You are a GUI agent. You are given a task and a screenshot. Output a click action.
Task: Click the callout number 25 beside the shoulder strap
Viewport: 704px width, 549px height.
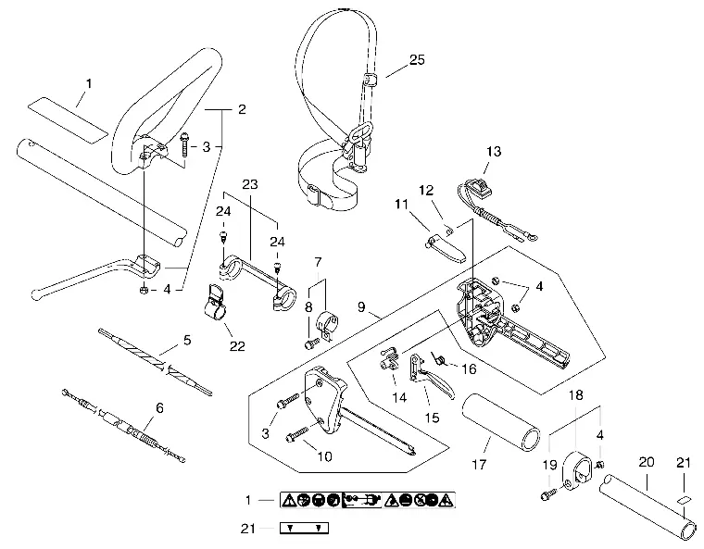point(417,59)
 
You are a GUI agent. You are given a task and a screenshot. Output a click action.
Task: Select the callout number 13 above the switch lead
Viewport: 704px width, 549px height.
point(494,151)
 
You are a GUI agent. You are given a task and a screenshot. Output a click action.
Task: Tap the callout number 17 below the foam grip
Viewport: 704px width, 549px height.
point(479,464)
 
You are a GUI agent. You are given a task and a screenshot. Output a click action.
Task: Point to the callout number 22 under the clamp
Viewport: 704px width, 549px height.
point(237,346)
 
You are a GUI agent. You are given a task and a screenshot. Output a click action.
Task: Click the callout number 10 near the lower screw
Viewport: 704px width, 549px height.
point(324,456)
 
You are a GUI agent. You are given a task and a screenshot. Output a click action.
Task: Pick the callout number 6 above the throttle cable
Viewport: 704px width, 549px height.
point(159,408)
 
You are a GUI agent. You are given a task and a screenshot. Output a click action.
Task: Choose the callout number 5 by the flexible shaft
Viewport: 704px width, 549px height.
point(187,340)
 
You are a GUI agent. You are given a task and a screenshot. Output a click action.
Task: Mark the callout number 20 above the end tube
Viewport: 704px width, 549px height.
point(647,462)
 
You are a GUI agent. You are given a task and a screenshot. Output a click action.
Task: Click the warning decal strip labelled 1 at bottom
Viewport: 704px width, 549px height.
point(368,500)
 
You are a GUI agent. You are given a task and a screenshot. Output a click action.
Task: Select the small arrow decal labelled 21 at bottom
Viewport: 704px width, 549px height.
point(304,528)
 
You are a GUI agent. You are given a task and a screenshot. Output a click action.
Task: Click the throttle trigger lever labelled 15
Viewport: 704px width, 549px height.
point(430,375)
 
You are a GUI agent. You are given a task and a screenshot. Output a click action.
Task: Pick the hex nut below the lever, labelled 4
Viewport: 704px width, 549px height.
point(144,290)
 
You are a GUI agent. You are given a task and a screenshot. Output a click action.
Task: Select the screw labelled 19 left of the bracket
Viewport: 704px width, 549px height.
point(548,495)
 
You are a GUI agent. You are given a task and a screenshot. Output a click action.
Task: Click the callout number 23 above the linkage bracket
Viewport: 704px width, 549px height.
point(250,184)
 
